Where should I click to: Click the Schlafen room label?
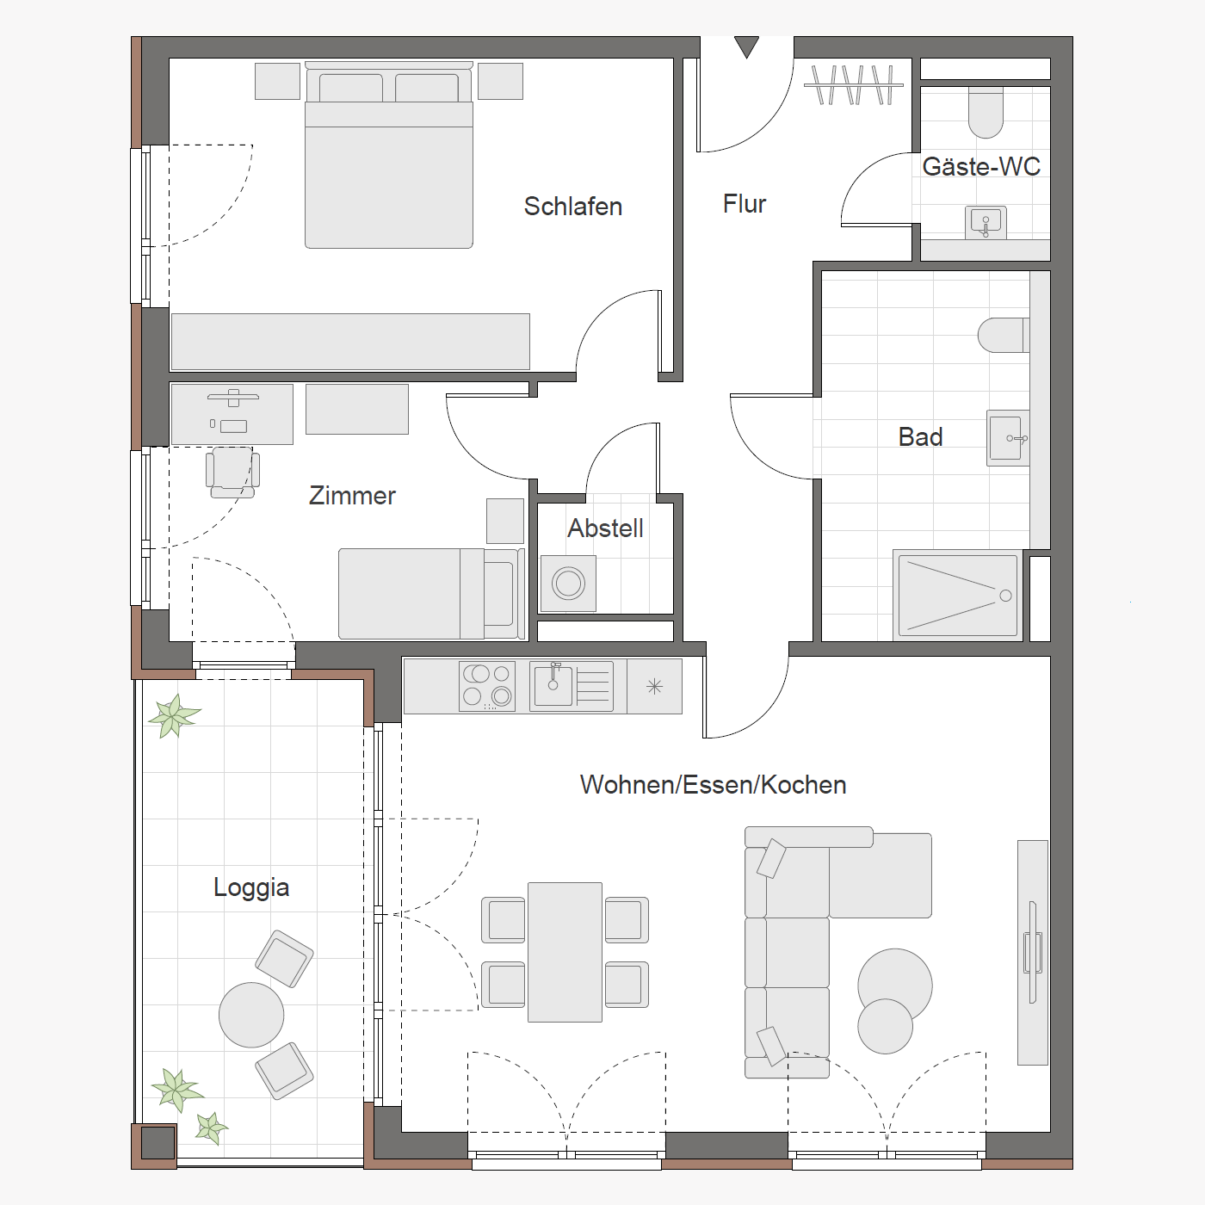pos(572,207)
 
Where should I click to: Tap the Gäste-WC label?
pos(981,166)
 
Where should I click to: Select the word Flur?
pos(745,204)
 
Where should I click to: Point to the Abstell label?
pos(605,528)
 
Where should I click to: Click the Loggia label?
pos(251,888)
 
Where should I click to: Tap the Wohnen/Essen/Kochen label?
pos(713,785)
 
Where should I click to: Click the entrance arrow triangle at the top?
pos(746,46)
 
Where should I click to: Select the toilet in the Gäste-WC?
pos(986,112)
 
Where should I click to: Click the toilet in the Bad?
pos(1003,335)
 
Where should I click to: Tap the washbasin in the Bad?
pos(1007,438)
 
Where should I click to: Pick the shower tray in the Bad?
pos(957,596)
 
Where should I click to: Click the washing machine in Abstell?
pos(568,584)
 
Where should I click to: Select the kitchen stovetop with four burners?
pos(487,687)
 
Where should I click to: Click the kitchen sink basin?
pos(553,686)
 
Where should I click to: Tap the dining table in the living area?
pos(565,952)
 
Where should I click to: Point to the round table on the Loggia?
pos(251,1014)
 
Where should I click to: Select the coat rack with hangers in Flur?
pos(854,84)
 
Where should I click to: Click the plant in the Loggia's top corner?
pos(175,715)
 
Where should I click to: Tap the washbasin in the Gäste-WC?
pos(986,223)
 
